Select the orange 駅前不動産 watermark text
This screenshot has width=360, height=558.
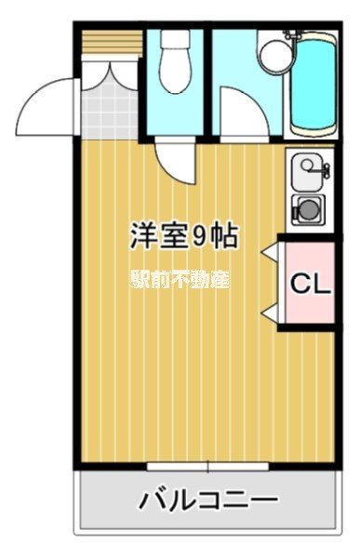click(x=179, y=280)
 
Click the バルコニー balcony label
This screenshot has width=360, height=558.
click(x=207, y=502)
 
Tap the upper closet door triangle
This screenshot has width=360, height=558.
click(x=269, y=252)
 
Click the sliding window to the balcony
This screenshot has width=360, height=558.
click(x=207, y=465)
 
